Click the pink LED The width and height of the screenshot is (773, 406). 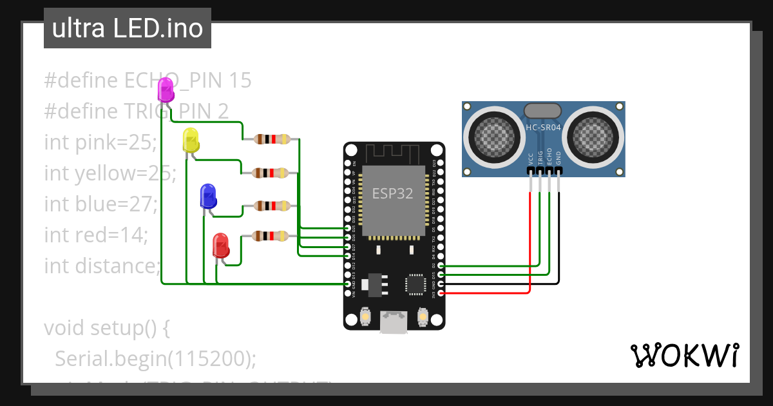(166, 90)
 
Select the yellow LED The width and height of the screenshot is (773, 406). (191, 140)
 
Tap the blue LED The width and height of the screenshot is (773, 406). (208, 195)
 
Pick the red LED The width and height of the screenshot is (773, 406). (220, 245)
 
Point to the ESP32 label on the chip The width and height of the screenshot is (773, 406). (392, 193)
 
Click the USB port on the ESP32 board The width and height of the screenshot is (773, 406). (394, 322)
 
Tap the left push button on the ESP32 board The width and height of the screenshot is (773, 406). (365, 318)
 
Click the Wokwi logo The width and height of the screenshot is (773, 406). (684, 355)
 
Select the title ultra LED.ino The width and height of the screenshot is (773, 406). (128, 28)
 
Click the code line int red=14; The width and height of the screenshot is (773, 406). (96, 235)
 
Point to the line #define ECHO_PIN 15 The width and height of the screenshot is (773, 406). (148, 81)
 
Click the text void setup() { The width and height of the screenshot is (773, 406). (106, 327)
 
